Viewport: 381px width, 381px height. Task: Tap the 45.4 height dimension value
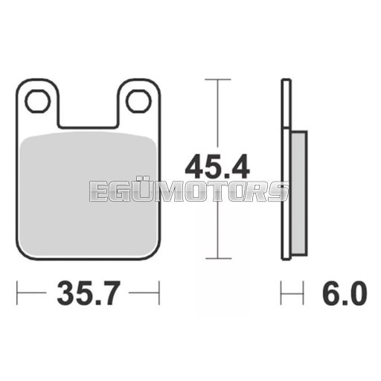click(x=217, y=167)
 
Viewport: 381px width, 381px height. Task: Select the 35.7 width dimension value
click(x=89, y=293)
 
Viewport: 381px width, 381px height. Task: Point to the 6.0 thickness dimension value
click(x=345, y=293)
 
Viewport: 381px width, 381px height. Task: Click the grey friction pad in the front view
click(x=88, y=195)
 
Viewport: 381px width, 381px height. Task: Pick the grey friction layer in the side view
click(x=298, y=193)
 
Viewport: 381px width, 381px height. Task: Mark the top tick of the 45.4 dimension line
click(x=218, y=80)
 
